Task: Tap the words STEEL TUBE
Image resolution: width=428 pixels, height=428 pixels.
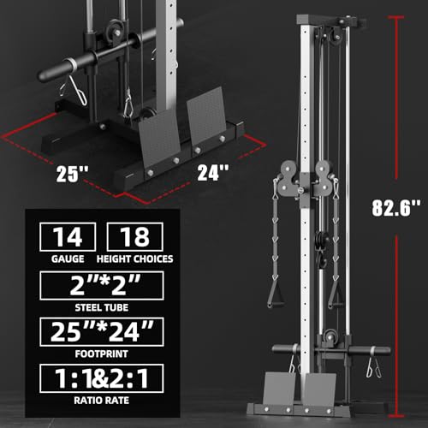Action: tap(105, 306)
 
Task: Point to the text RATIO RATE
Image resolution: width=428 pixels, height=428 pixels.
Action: tap(105, 399)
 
